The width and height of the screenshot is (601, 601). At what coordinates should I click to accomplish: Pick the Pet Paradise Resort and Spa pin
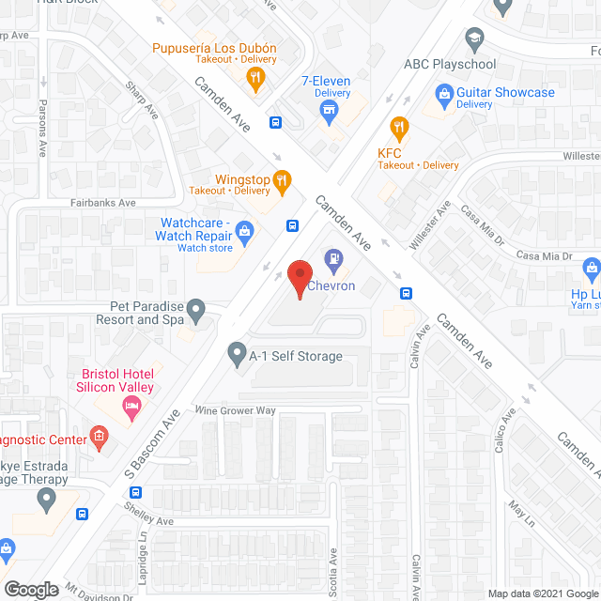click(x=195, y=308)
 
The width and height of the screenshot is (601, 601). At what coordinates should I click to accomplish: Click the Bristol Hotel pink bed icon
click(x=132, y=405)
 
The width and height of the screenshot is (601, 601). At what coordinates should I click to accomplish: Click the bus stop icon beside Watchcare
click(x=292, y=225)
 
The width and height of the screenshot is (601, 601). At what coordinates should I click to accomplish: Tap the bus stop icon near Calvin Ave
click(x=406, y=292)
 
